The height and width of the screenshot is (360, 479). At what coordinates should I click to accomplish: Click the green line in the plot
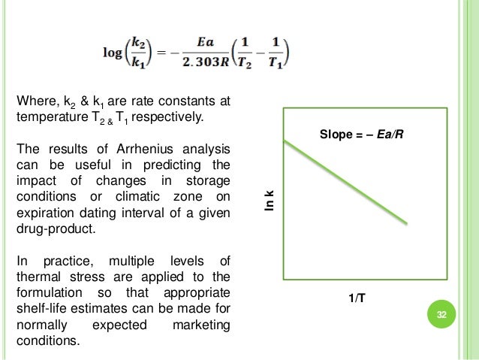coord(345,181)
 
